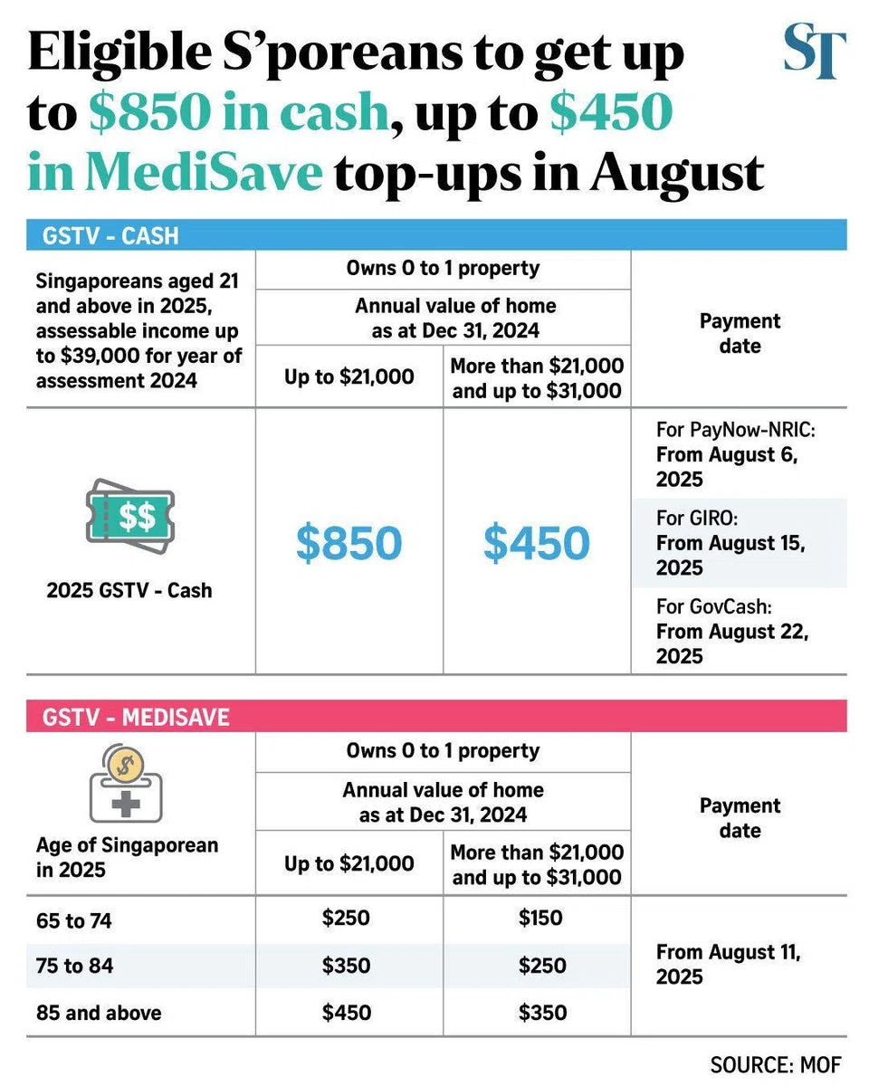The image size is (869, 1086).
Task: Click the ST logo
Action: pos(814,52)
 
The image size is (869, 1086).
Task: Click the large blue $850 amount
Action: pos(349,542)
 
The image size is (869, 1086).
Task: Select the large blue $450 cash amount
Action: pos(536,542)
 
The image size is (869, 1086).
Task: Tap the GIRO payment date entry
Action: pos(731,543)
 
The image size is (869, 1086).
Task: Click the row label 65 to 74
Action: pos(75,920)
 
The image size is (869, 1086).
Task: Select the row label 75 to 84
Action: pos(75,966)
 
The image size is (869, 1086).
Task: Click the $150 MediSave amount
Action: pos(540,919)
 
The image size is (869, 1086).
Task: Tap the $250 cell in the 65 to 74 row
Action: pos(347,919)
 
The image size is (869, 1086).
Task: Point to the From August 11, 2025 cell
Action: pos(730,965)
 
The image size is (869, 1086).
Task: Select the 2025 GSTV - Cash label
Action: pos(129,591)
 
